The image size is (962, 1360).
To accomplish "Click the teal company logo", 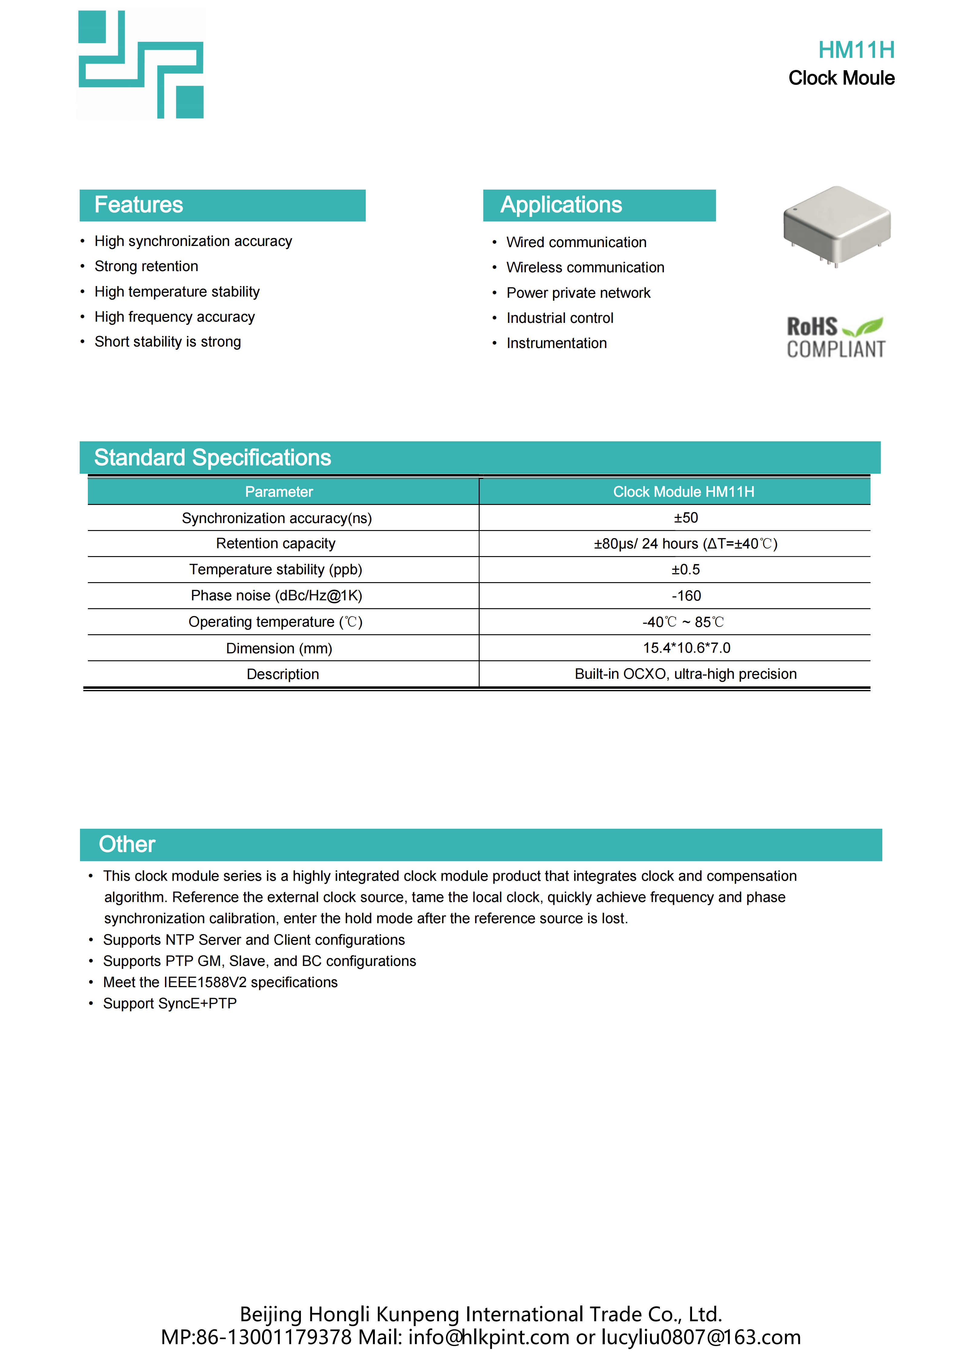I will pyautogui.click(x=141, y=65).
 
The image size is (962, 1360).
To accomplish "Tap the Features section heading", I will pyautogui.click(x=138, y=205).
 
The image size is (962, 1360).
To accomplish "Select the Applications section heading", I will pyautogui.click(x=561, y=205).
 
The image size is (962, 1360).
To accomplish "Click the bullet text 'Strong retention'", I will pyautogui.click(x=146, y=267).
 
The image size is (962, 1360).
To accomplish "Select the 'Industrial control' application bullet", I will pyautogui.click(x=560, y=318).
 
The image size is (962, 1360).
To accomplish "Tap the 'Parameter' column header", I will pyautogui.click(x=279, y=492).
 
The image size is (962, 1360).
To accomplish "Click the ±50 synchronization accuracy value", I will pyautogui.click(x=686, y=518).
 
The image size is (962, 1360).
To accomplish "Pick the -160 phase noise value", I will pyautogui.click(x=686, y=596).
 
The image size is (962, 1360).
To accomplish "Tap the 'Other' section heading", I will pyautogui.click(x=127, y=844).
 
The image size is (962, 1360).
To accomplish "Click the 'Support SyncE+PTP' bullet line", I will pyautogui.click(x=170, y=1003).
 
